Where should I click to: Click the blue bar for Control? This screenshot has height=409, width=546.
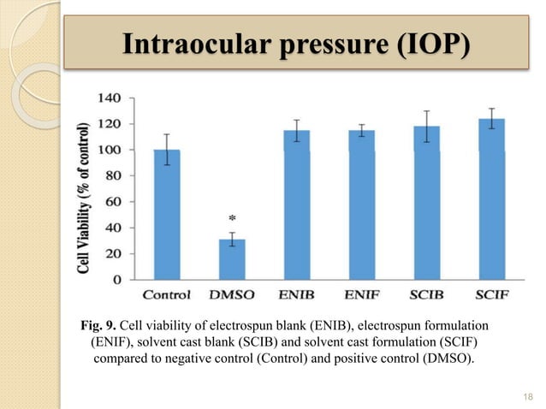click(167, 214)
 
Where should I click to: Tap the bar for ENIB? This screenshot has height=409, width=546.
click(297, 205)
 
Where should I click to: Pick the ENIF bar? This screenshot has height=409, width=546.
click(361, 205)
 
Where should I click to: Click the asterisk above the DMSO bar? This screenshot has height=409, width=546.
click(232, 220)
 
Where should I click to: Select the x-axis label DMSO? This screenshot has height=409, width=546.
click(232, 296)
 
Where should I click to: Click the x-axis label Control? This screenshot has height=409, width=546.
click(167, 296)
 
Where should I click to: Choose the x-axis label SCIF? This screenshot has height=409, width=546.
click(491, 296)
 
